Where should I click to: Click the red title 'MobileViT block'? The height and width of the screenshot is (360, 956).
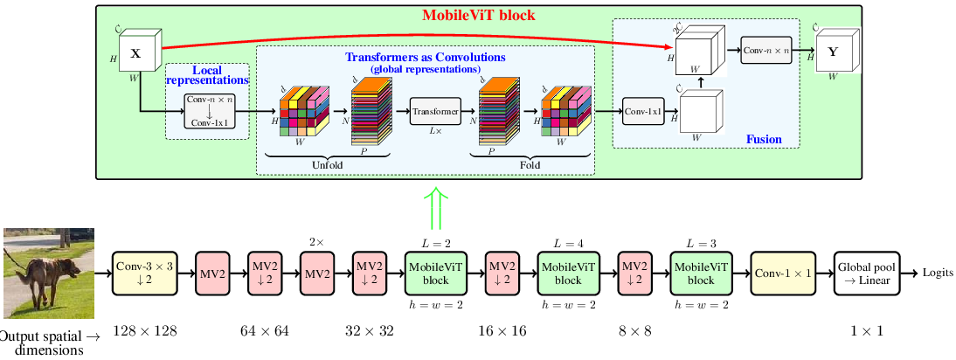[x=478, y=16]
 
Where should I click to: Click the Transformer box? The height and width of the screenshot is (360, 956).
[x=434, y=112]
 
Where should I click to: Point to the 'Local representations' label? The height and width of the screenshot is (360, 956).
[x=207, y=75]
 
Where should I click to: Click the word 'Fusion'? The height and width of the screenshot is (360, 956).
[x=764, y=139]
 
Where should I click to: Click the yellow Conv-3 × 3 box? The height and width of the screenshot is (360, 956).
[x=145, y=273]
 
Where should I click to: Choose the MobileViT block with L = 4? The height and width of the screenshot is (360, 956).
[x=568, y=273]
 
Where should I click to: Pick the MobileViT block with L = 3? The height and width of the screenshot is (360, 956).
[x=701, y=273]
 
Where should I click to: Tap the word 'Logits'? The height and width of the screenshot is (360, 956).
[x=937, y=273]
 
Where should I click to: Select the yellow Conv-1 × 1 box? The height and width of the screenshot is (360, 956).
[x=782, y=273]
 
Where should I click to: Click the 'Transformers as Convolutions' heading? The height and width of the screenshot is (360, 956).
[x=426, y=58]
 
